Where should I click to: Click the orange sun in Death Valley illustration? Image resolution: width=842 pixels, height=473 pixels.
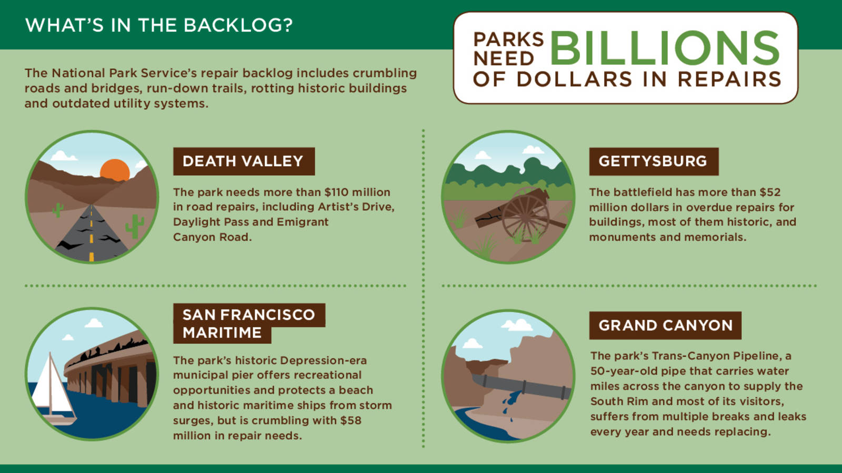[115, 170]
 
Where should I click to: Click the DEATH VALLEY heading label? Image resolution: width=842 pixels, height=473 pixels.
[244, 161]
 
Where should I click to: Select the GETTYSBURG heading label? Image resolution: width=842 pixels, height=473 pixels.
[653, 161]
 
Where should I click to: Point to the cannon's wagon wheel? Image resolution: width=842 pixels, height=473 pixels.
[525, 215]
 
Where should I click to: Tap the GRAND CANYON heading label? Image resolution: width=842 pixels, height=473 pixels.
[665, 325]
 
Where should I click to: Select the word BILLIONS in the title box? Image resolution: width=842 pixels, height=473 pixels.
[665, 48]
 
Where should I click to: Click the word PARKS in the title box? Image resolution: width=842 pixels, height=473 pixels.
[508, 39]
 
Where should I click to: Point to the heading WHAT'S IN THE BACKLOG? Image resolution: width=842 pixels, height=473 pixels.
[159, 25]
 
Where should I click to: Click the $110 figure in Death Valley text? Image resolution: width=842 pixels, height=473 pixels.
[336, 192]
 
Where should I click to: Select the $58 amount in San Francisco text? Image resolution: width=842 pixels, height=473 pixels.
[350, 420]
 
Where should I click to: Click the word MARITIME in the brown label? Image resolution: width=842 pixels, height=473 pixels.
[222, 333]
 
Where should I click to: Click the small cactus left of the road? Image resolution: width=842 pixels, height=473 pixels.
[57, 210]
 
